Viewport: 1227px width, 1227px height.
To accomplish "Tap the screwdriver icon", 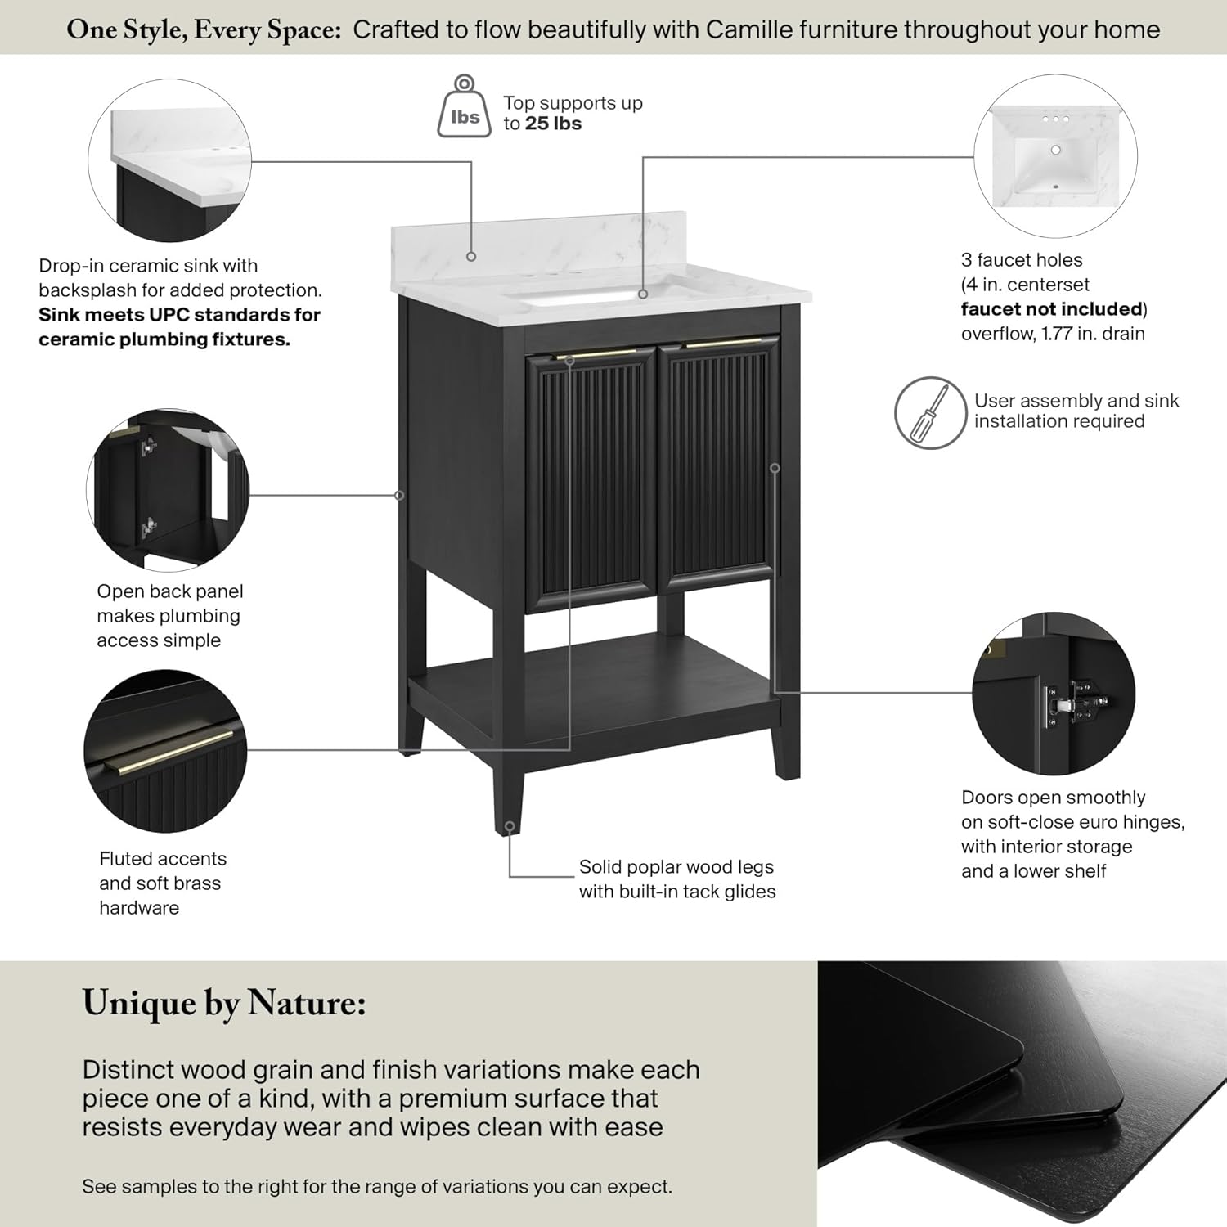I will click(x=930, y=412).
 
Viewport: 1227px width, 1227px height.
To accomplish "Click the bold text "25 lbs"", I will click(x=553, y=124).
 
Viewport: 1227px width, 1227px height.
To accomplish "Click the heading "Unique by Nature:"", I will click(x=224, y=1003).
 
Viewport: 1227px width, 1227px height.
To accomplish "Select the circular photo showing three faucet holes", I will click(x=1055, y=156).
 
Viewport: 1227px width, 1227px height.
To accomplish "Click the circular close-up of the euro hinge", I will click(x=1054, y=694).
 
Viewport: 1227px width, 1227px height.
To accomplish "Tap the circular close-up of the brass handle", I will click(x=165, y=751).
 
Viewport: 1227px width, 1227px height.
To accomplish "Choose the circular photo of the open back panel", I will click(x=168, y=490).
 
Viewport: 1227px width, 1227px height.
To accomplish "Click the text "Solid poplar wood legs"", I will click(x=676, y=867).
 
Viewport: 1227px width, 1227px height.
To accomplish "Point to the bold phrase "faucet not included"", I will click(x=1051, y=309).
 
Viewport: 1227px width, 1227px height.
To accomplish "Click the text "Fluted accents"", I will click(x=163, y=859).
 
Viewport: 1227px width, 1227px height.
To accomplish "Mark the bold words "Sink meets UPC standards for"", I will click(x=179, y=315).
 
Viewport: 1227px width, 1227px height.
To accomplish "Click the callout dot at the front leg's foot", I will click(x=510, y=827).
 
